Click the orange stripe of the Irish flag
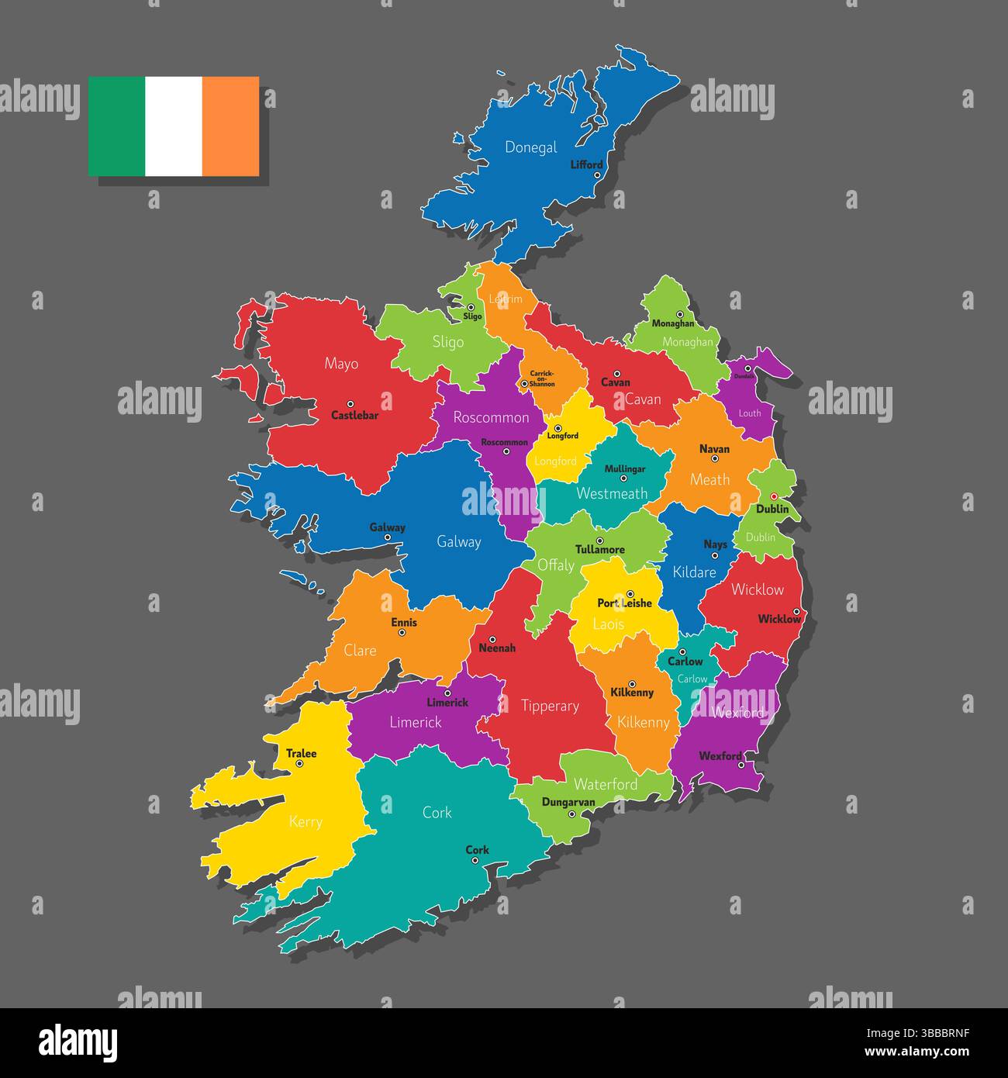pyautogui.click(x=230, y=126)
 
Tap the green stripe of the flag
pyautogui.click(x=116, y=126)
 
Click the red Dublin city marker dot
pyautogui.click(x=773, y=497)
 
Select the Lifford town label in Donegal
pyautogui.click(x=586, y=164)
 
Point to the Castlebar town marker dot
pyautogui.click(x=350, y=404)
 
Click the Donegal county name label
pyautogui.click(x=531, y=147)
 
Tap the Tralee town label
pyautogui.click(x=302, y=753)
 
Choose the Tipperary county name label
pyautogui.click(x=550, y=706)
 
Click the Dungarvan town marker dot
pyautogui.click(x=571, y=814)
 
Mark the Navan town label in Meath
pyautogui.click(x=714, y=449)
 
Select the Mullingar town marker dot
pyautogui.click(x=623, y=479)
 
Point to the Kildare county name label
pyautogui.click(x=694, y=572)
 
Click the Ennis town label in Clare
pyautogui.click(x=404, y=622)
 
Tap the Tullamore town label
pyautogui.click(x=599, y=550)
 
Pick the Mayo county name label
pyautogui.click(x=341, y=363)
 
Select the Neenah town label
pyautogui.click(x=497, y=648)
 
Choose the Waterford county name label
pyautogui.click(x=606, y=784)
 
